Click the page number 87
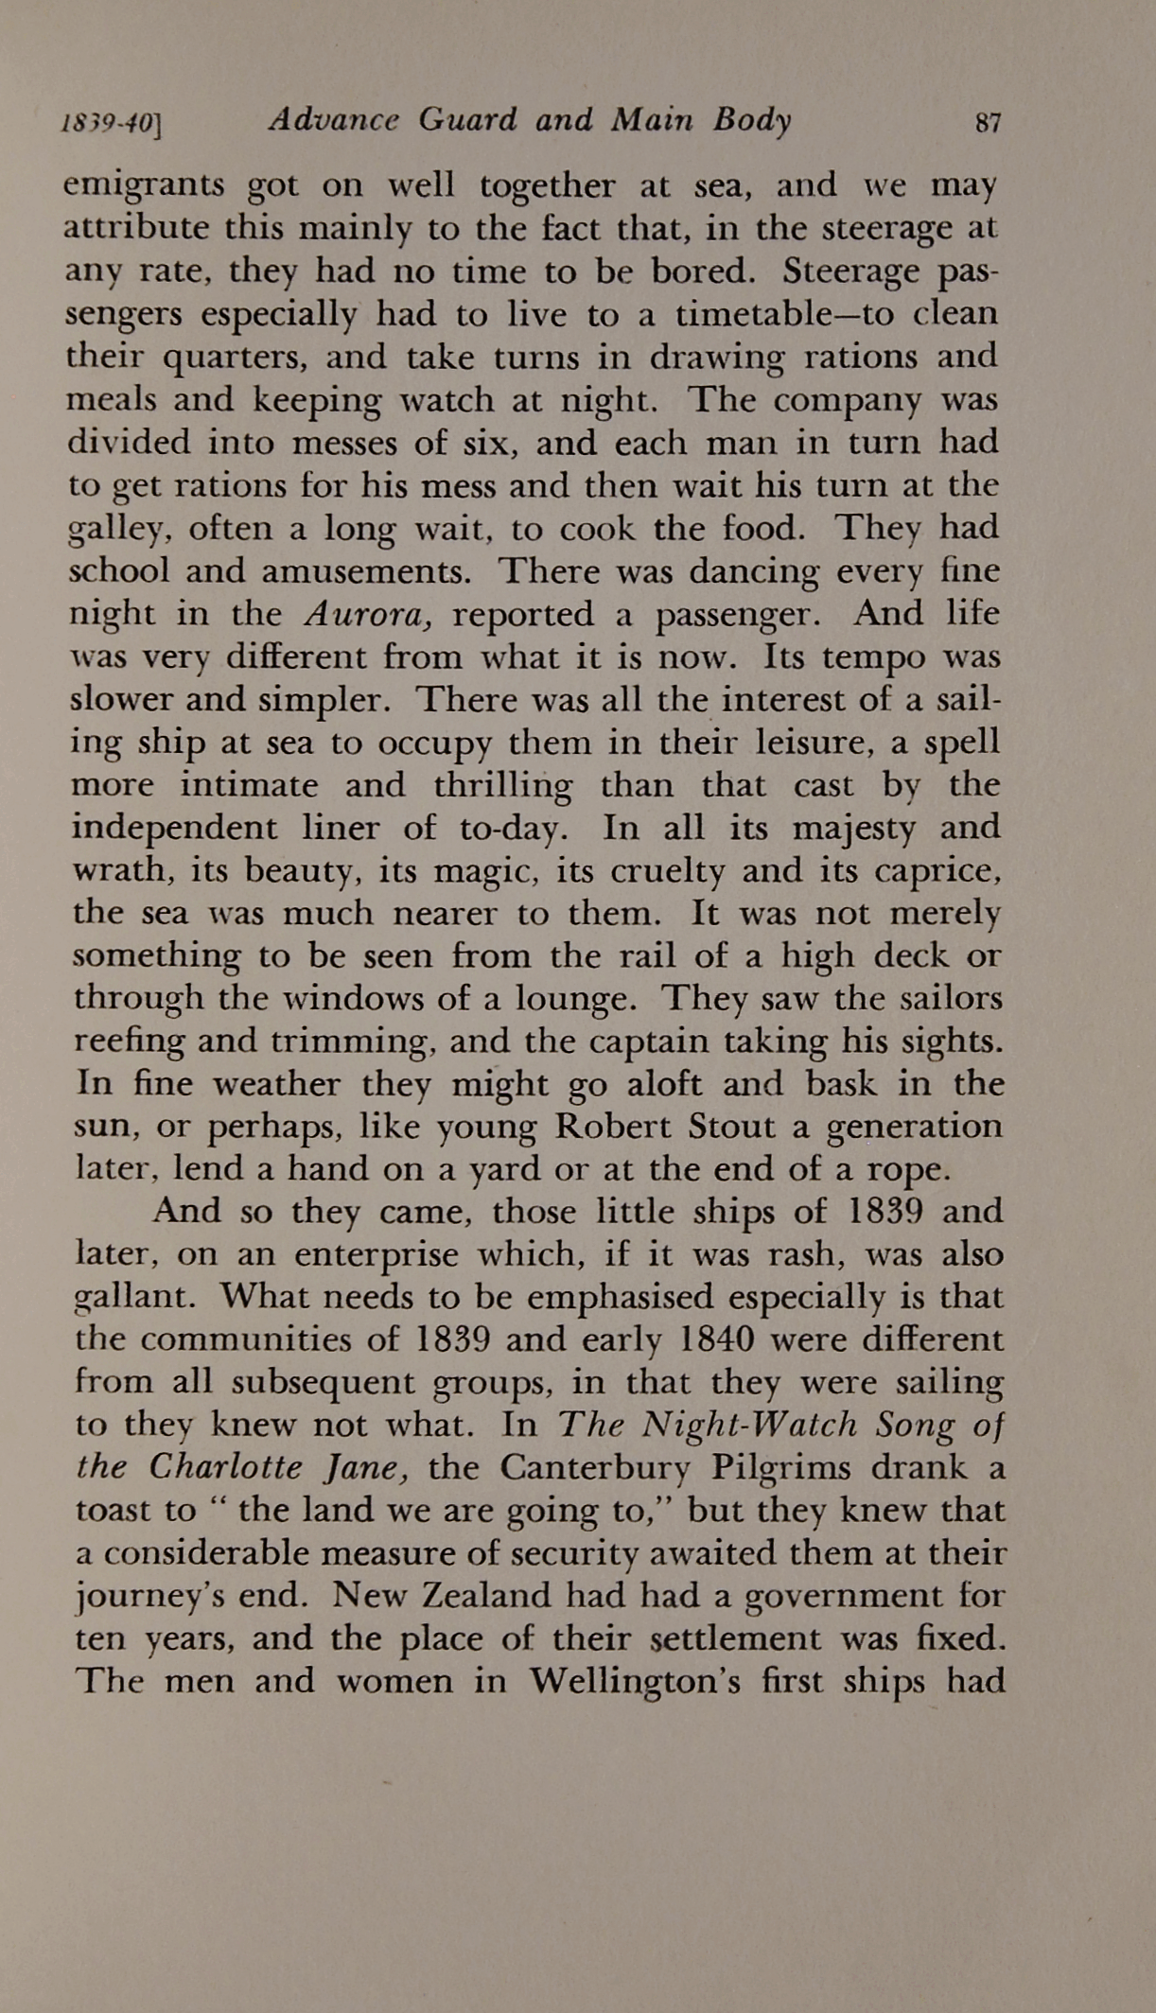(987, 123)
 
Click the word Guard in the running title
(467, 120)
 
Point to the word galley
(124, 530)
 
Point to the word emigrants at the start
(144, 186)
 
